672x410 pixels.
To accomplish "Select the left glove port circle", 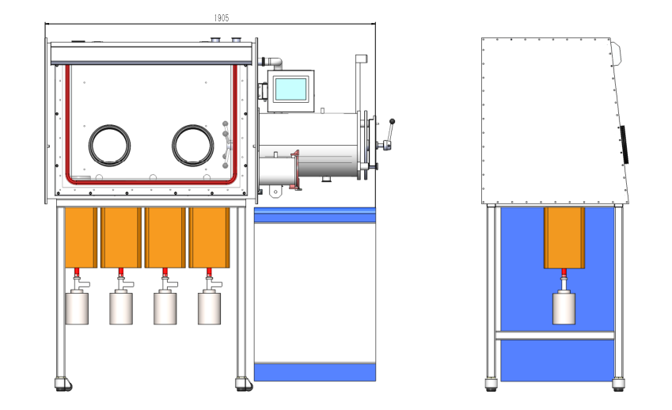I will [109, 146].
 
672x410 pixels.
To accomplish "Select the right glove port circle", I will [194, 146].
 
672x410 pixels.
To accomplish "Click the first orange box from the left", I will [81, 237].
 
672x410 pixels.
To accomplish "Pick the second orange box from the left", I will [122, 237].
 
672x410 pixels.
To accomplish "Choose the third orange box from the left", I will [165, 237].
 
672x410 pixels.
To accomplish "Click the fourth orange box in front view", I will [209, 237].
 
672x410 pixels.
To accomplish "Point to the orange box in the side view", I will [564, 237].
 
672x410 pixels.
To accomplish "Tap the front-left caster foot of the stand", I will [62, 385].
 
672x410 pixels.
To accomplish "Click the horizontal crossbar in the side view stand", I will [555, 336].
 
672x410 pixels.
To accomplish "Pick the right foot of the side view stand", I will [619, 386].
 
